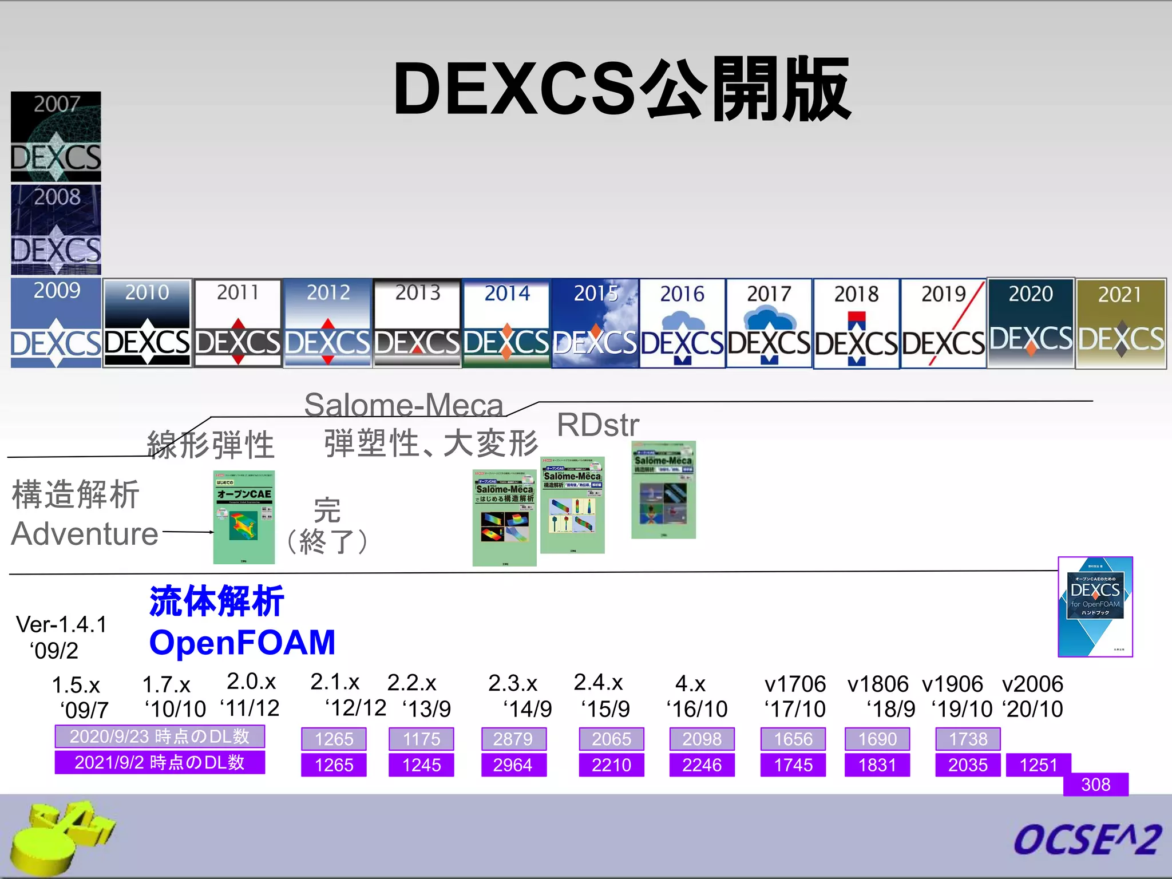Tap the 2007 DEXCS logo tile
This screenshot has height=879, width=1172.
click(x=56, y=136)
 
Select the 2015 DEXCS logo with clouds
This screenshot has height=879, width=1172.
click(x=595, y=323)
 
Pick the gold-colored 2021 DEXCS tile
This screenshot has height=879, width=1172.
click(x=1120, y=323)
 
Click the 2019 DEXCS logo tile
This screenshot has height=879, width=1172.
click(x=943, y=323)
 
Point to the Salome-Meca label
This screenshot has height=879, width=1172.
click(x=403, y=405)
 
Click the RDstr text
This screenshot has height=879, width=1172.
click(x=598, y=425)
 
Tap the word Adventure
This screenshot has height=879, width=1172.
click(x=85, y=534)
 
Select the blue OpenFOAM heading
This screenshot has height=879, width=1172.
click(x=242, y=642)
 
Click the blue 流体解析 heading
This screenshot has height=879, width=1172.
click(x=216, y=601)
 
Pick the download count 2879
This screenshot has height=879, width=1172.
click(x=513, y=739)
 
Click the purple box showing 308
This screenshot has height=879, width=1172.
click(x=1095, y=784)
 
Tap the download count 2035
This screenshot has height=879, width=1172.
click(x=968, y=765)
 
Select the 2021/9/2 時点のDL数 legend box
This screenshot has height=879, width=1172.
click(x=160, y=762)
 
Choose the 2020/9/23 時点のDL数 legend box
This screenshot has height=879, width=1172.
click(x=160, y=737)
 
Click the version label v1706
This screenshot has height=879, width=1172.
click(x=795, y=684)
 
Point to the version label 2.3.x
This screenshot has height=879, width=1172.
click(x=513, y=683)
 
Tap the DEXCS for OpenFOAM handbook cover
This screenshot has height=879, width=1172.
click(x=1095, y=607)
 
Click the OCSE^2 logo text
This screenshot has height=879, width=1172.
click(x=1087, y=840)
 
